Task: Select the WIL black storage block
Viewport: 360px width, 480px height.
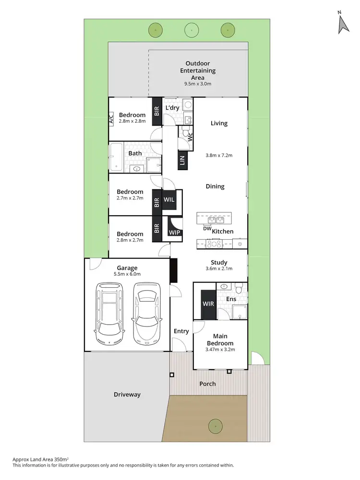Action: coord(169,199)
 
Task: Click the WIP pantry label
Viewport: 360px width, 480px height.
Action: coord(174,232)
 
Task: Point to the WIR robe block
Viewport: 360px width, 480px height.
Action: coord(208,304)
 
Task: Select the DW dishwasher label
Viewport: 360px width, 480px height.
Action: coord(207,229)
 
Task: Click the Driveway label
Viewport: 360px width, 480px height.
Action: coord(127,395)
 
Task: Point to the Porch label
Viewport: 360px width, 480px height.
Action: coord(207,384)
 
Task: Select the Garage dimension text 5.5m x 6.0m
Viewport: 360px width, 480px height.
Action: coord(127,274)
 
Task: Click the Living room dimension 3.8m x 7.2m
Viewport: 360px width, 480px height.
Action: coord(219,155)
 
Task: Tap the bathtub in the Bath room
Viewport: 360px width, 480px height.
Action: coord(117,158)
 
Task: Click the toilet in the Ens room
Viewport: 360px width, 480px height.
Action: coord(238,289)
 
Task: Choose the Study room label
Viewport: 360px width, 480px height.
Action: coord(219,262)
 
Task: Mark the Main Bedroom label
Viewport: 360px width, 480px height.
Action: coord(220,340)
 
